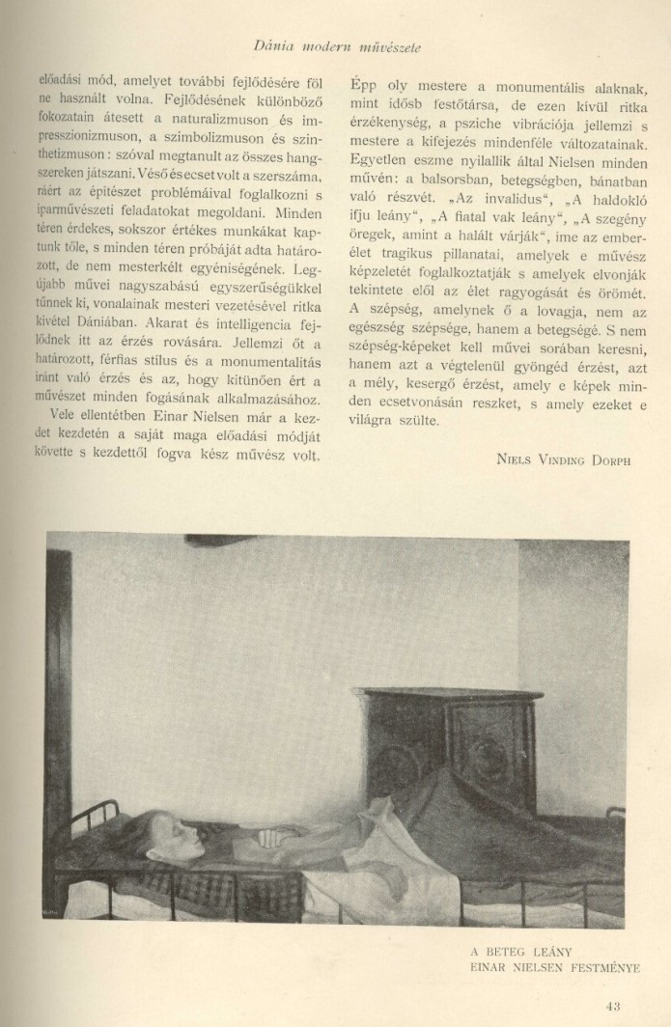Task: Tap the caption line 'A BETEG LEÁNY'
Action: (517, 951)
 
